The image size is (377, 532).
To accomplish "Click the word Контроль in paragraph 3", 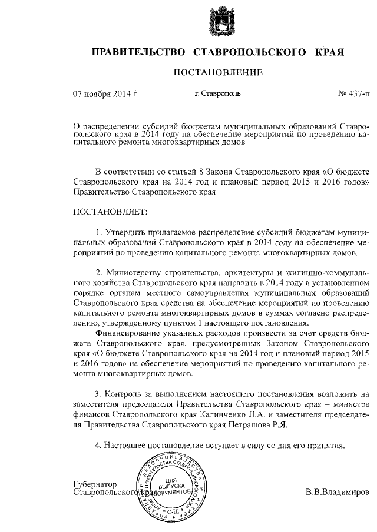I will click(x=125, y=393).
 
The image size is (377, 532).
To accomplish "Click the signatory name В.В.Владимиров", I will click(x=338, y=491).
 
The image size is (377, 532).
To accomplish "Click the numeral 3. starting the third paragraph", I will click(x=98, y=393).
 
